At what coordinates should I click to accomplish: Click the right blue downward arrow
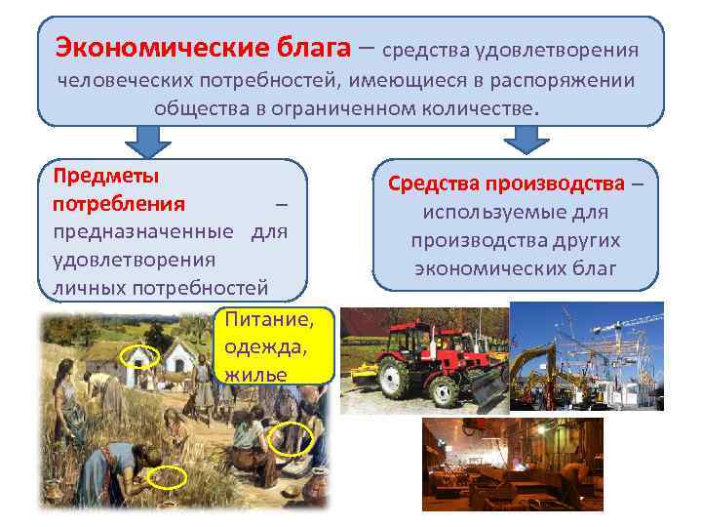(x=526, y=140)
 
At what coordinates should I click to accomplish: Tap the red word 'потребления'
(x=118, y=204)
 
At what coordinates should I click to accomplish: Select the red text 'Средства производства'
(x=506, y=183)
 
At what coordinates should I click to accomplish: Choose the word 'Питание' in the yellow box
(x=268, y=318)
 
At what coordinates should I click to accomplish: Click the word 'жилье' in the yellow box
(x=255, y=374)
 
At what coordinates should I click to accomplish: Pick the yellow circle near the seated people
(x=292, y=439)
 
